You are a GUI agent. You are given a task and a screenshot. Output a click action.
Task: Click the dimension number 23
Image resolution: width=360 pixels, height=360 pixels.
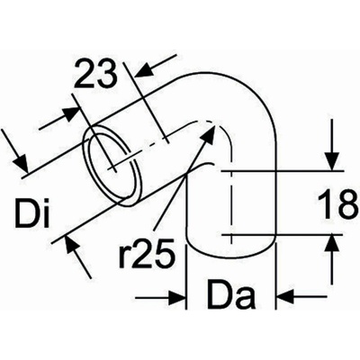(95, 74)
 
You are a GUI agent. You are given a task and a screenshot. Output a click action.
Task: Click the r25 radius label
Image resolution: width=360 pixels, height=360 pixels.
(147, 253)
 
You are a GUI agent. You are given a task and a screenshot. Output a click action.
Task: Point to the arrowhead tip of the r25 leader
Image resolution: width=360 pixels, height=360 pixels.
(215, 123)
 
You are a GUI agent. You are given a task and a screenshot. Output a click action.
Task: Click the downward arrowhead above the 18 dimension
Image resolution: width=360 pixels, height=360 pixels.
(332, 162)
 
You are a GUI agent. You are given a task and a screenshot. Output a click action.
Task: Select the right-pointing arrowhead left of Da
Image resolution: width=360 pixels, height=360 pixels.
(176, 298)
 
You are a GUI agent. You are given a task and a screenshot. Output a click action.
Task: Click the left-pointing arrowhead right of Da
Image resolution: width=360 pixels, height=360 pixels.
(285, 297)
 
